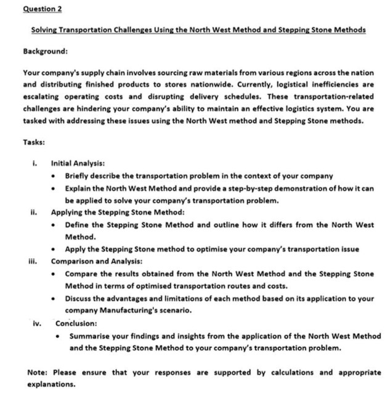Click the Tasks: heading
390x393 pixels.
(35, 141)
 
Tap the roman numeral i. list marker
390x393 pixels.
(37, 164)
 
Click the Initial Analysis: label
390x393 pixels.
(77, 164)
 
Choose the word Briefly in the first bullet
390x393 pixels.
(80, 176)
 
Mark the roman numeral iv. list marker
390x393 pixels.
(38, 323)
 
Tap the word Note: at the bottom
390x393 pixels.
(39, 372)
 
